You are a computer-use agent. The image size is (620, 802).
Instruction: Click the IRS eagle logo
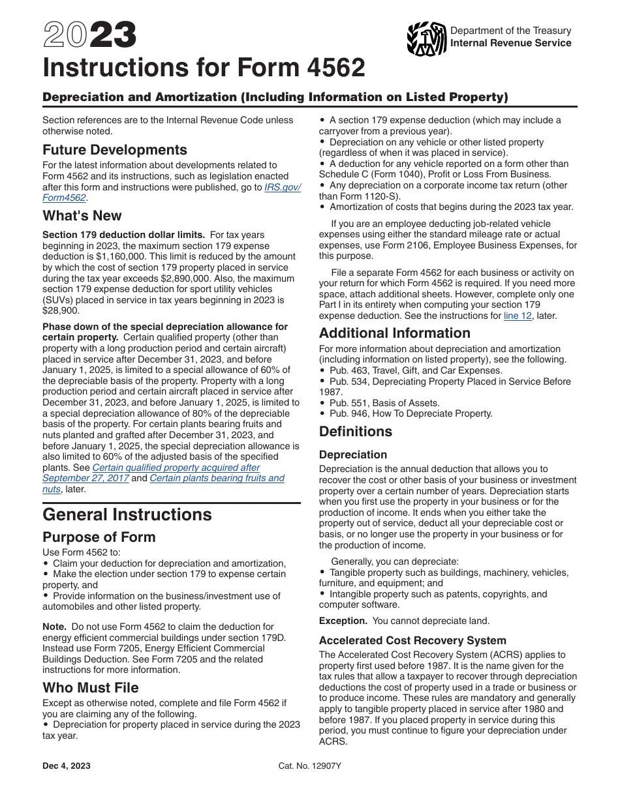tap(426, 38)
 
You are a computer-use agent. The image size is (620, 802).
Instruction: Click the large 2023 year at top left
tap(89, 35)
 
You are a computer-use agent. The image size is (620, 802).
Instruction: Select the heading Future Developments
tap(114, 150)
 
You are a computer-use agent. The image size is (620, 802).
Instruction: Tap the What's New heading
tap(82, 216)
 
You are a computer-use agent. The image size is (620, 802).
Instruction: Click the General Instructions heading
tap(127, 514)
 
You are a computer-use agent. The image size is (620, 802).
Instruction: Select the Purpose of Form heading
tap(99, 537)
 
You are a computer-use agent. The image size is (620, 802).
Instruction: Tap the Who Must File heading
tap(90, 688)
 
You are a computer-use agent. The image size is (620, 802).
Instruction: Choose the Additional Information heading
tap(394, 333)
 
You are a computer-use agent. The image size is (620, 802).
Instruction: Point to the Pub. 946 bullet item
tap(411, 413)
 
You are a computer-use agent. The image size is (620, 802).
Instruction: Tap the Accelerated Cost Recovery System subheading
tap(412, 640)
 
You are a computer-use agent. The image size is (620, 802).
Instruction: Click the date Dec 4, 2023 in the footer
tap(67, 766)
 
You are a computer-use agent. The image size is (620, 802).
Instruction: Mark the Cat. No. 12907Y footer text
tap(309, 766)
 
